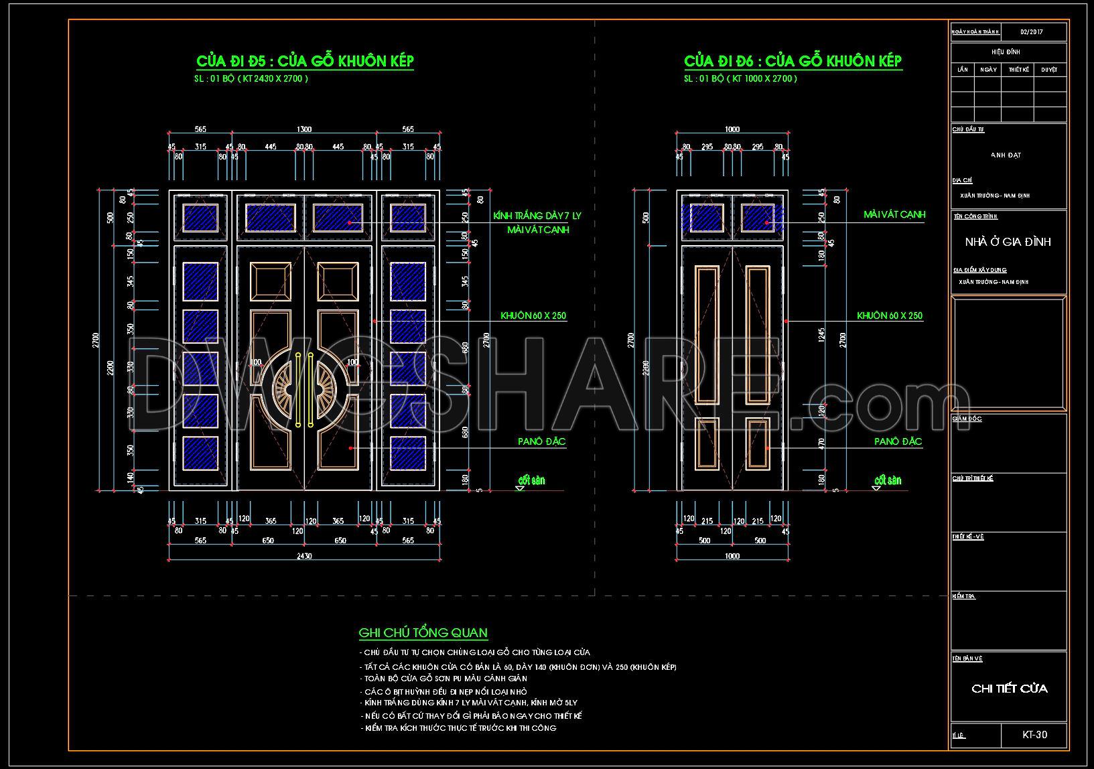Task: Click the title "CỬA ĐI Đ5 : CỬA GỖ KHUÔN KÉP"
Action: [x=305, y=61]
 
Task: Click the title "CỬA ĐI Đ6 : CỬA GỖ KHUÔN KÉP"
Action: [x=793, y=61]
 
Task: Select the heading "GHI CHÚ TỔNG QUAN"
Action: [x=423, y=633]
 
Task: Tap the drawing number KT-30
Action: [x=1034, y=735]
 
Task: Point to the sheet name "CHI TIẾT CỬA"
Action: [x=1009, y=689]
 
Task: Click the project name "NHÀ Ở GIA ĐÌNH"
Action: [x=1008, y=242]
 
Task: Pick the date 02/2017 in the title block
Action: [x=1032, y=31]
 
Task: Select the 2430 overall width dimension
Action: [x=304, y=555]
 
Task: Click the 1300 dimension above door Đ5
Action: [x=304, y=129]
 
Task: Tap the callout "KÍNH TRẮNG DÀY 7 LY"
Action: [x=537, y=216]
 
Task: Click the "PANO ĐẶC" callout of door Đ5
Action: [x=541, y=441]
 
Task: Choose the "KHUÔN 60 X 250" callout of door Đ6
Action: [x=890, y=316]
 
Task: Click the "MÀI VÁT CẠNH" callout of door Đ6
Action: [x=894, y=214]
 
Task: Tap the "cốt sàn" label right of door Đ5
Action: [x=532, y=480]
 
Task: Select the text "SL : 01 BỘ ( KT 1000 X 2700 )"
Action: [x=740, y=79]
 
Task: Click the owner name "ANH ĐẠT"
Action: [x=1006, y=155]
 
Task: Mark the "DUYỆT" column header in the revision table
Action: [x=1049, y=69]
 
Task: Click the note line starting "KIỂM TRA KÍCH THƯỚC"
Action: [x=458, y=728]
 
